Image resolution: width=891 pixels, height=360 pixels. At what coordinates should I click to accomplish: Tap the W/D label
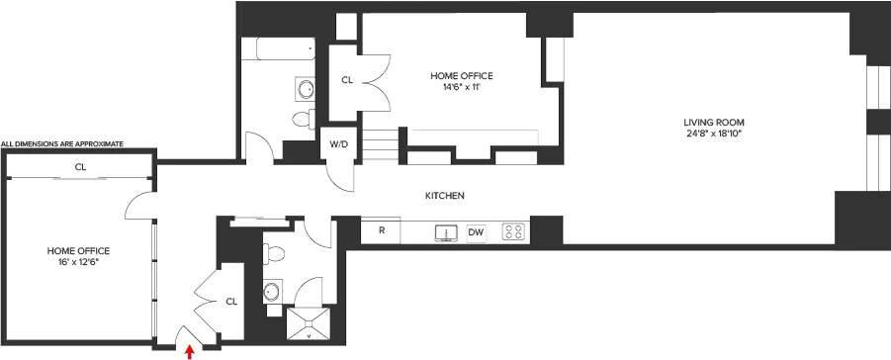click(x=339, y=144)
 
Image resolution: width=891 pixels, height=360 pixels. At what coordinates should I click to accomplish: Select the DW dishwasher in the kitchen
click(x=477, y=232)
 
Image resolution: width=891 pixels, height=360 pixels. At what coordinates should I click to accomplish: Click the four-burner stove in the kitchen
click(x=513, y=232)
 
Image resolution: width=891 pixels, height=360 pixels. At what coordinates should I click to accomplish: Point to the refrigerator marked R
click(x=381, y=231)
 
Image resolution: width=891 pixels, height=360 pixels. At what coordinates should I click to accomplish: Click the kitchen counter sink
click(x=446, y=232)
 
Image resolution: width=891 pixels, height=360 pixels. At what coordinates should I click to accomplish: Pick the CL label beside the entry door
click(x=231, y=301)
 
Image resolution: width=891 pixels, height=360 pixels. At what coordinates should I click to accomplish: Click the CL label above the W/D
click(x=347, y=80)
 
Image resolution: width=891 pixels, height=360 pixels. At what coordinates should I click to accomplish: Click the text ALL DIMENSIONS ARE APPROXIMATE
click(x=62, y=144)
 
